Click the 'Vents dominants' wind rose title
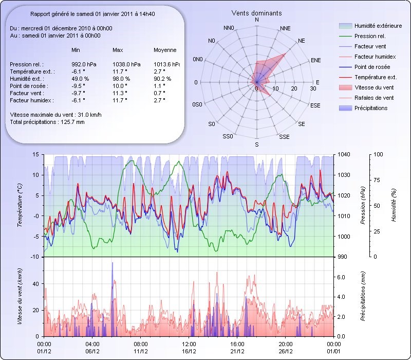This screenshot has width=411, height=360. point(256,13)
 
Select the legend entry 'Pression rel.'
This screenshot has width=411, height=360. point(370,36)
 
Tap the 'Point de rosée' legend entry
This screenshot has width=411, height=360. point(372,67)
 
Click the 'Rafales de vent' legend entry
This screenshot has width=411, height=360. point(374,98)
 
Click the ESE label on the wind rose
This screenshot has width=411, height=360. point(316,105)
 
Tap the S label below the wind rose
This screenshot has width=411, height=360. point(257,145)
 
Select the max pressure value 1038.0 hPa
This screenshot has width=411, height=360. point(125,64)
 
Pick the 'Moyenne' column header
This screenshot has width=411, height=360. point(165,50)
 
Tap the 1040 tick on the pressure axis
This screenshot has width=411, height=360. point(343,154)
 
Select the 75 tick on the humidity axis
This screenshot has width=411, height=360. point(378,180)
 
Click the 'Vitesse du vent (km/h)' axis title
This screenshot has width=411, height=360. point(20,296)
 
